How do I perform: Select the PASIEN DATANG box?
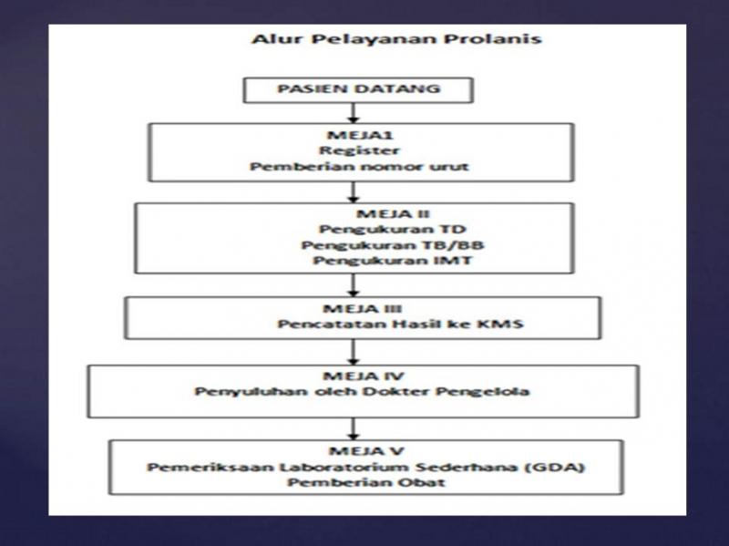click(356, 92)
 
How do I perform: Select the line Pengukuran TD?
click(356, 229)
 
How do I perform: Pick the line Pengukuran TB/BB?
click(356, 246)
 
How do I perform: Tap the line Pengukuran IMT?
click(356, 263)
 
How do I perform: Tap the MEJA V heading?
click(356, 451)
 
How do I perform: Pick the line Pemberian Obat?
click(356, 484)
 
